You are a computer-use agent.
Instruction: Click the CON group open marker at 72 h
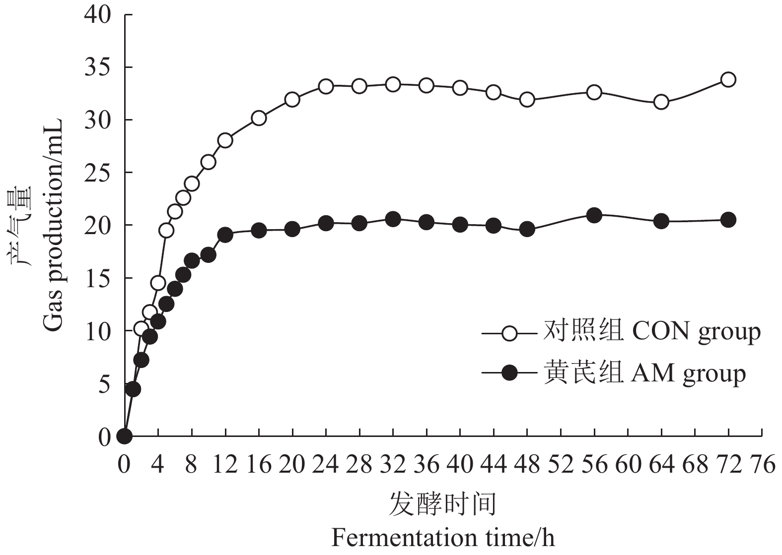click(728, 79)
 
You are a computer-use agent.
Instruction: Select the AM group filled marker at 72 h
click(728, 220)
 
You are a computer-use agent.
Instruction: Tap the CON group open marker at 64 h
click(661, 102)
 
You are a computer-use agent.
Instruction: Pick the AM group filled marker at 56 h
click(594, 215)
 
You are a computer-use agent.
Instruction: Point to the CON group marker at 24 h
click(326, 86)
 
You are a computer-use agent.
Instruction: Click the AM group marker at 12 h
click(225, 235)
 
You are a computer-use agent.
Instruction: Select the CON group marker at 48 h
click(527, 100)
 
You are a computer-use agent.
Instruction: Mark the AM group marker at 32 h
click(393, 219)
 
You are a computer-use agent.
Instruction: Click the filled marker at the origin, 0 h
click(125, 436)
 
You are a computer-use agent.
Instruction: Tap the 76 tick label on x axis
click(762, 466)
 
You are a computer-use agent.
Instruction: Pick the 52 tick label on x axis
click(561, 466)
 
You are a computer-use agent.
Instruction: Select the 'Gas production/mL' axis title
click(53, 226)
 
